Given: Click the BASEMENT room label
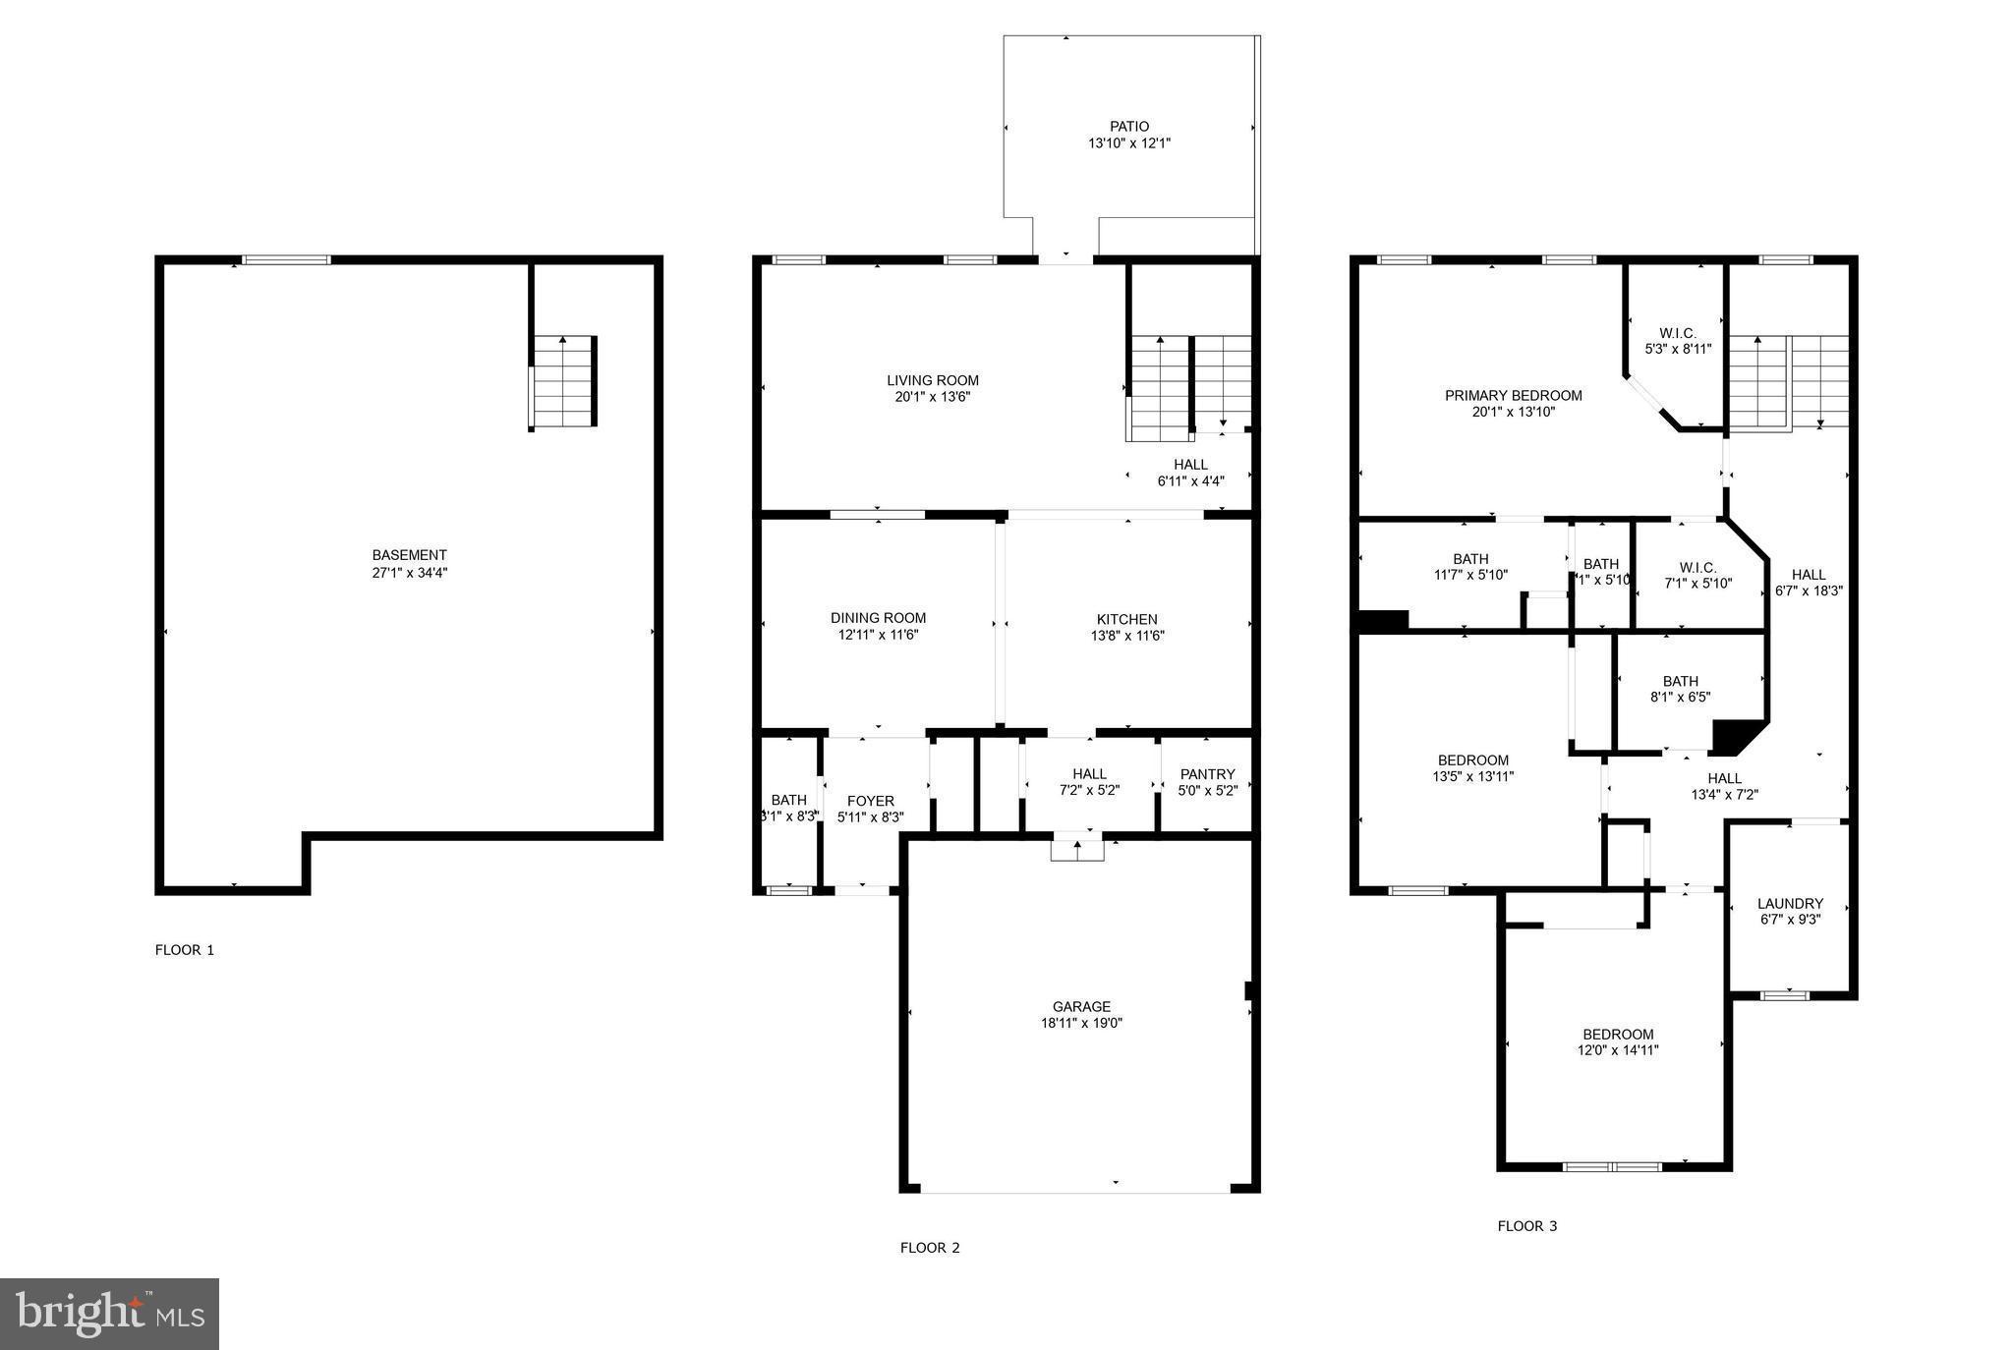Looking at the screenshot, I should tap(409, 555).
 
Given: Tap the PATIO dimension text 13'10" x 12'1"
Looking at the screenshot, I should tap(1128, 143).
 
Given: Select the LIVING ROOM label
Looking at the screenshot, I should tap(932, 380).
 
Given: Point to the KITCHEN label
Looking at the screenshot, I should tap(1126, 619).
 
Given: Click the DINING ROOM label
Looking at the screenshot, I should tap(878, 618).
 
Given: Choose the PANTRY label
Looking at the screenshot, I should tap(1207, 774).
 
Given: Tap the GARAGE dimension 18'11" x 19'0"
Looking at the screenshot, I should tap(1081, 1023).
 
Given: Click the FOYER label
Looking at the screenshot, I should tap(870, 801).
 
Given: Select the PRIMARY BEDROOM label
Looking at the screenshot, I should tap(1513, 395).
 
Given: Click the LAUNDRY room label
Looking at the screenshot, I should tap(1790, 903).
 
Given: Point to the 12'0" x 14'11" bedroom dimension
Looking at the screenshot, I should tap(1618, 1050).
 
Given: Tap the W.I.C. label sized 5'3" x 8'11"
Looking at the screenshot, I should tap(1678, 333).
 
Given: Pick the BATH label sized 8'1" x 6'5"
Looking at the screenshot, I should tap(1680, 681).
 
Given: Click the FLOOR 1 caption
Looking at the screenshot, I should tap(184, 950).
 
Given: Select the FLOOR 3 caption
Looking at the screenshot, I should tap(1526, 1226).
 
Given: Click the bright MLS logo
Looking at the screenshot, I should tap(109, 1314).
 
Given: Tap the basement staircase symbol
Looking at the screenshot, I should tap(563, 381).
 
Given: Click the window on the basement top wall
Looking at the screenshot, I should tap(286, 260).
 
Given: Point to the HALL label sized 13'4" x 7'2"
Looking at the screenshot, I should tap(1724, 778).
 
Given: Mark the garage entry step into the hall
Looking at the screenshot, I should tap(1076, 849).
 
